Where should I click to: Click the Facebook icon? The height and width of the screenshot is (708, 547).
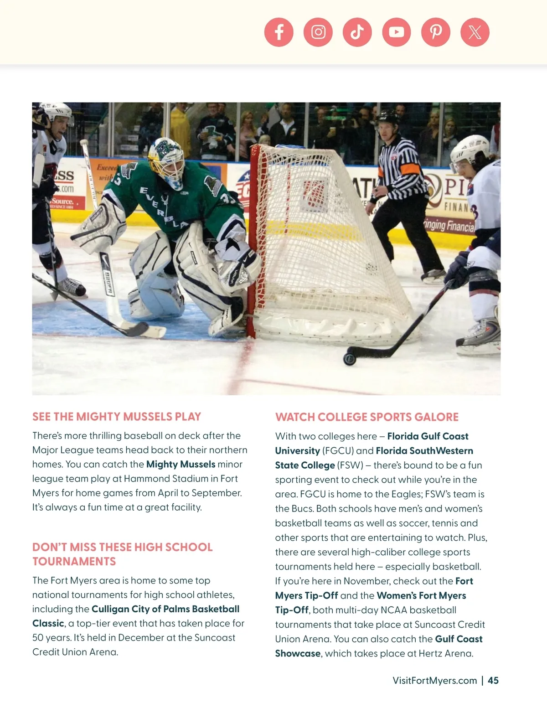(279, 32)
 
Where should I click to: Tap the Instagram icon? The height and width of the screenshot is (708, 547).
(318, 32)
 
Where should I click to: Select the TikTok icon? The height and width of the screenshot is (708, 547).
(357, 32)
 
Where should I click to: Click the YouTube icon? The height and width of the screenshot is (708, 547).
(397, 32)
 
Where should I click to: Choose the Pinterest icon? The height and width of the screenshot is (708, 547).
(436, 32)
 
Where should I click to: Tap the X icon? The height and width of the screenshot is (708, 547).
(475, 32)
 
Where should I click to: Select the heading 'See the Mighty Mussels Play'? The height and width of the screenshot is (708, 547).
(117, 417)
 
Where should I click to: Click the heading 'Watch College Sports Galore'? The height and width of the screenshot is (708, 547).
(366, 417)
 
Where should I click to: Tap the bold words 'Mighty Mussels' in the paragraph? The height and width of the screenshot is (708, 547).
(181, 464)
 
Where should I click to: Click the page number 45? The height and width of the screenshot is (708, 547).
(493, 681)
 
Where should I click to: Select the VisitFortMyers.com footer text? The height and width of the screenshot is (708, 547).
(434, 681)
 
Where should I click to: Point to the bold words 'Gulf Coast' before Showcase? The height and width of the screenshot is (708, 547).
(459, 639)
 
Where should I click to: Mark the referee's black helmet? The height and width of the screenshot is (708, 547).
(387, 116)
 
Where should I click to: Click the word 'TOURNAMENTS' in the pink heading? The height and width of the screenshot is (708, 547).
(74, 561)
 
